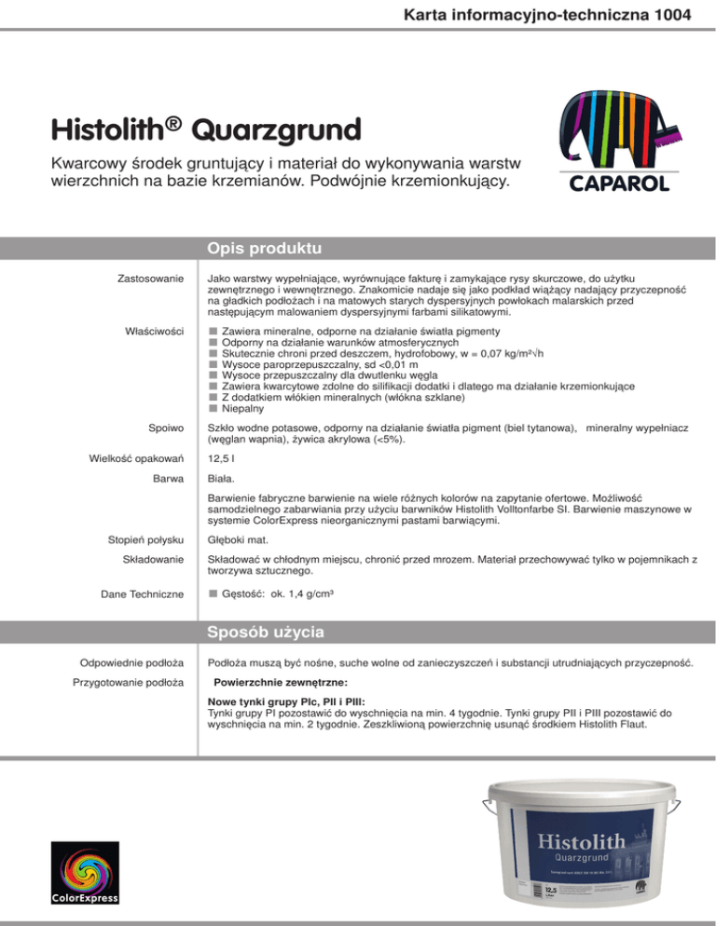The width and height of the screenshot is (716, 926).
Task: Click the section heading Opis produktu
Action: pos(264,249)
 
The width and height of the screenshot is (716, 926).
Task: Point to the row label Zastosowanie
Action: pos(153,279)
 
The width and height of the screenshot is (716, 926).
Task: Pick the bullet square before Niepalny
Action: pos(213,408)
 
